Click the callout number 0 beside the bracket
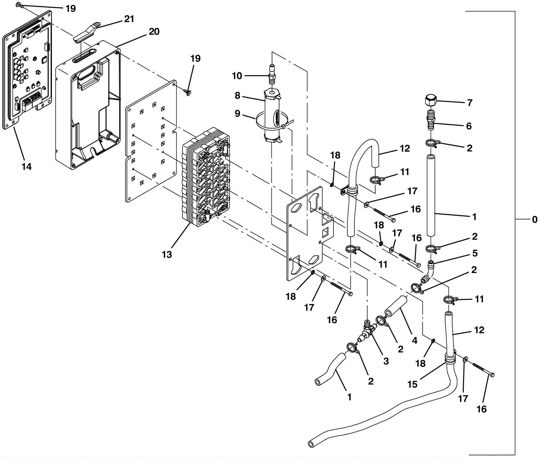coord(535,220)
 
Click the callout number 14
coord(27,166)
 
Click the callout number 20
coord(154,32)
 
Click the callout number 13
coord(167,254)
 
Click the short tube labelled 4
coord(396,306)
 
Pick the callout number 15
coord(412,384)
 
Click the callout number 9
coord(237,114)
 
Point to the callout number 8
coord(237,96)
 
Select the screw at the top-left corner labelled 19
coord(19,5)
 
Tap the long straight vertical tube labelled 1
coord(431,195)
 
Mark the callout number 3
coord(386,361)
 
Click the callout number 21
coord(129,19)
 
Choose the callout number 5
coord(475,253)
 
